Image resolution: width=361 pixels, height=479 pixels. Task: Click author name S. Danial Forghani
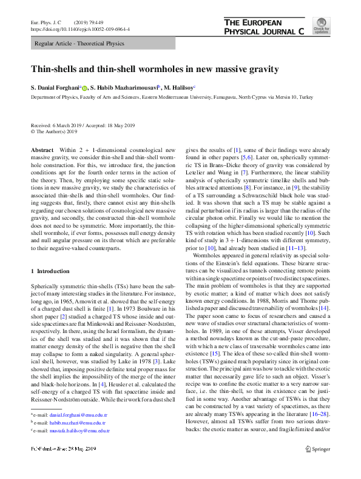pyautogui.click(x=58, y=88)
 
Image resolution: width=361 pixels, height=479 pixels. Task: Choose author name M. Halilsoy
pyautogui.click(x=190, y=88)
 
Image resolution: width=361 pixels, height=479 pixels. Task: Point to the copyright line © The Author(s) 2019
pyautogui.click(x=54, y=130)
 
